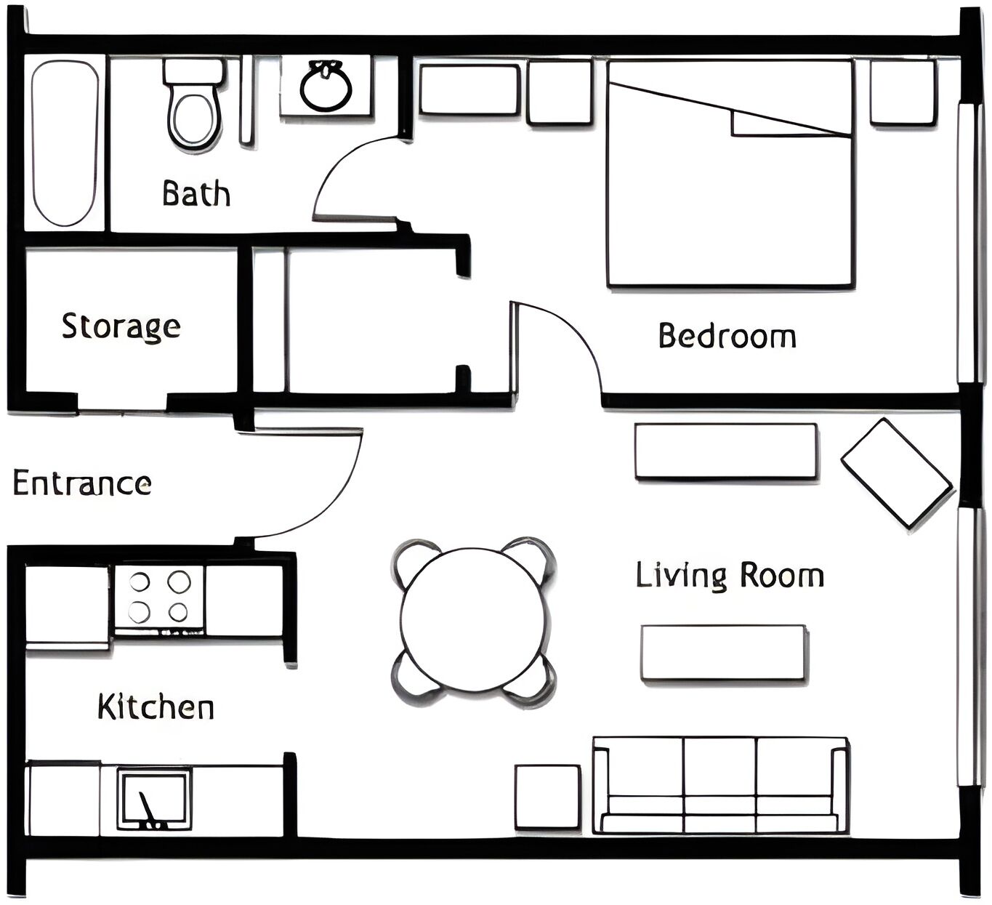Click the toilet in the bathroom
coord(193,109)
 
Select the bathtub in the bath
coord(65,143)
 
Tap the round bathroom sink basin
coord(326,88)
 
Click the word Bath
coord(196,194)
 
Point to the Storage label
coord(121,326)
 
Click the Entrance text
coord(82,483)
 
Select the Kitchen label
coord(156,707)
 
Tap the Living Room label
coord(730,576)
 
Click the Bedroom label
coord(727,336)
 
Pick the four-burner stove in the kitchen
coord(159,597)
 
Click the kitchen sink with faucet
coord(154,798)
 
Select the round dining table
coord(474,620)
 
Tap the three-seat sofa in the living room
coord(720,785)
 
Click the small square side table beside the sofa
coord(547,797)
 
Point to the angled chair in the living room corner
coord(896,472)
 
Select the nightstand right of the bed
coord(902,92)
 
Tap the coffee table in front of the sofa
coord(723,653)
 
